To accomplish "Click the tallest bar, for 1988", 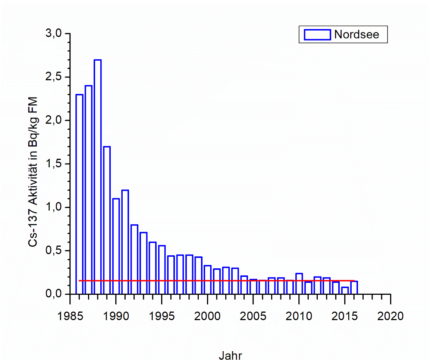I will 98,175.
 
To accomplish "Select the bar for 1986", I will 79,194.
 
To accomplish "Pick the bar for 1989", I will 107,220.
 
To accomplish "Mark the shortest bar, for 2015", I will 345,290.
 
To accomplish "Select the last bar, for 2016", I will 354,287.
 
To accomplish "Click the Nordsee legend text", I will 357,34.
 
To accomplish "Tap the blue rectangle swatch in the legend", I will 317,34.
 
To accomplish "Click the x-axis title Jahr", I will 230,355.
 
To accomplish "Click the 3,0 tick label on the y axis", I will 53,34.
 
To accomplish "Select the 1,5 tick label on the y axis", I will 53,164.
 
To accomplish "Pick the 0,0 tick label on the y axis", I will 53,294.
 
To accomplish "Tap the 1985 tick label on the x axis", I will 70,316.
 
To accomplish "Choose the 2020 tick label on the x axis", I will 390,316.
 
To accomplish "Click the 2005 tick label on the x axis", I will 253,316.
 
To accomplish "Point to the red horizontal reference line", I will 224,281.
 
